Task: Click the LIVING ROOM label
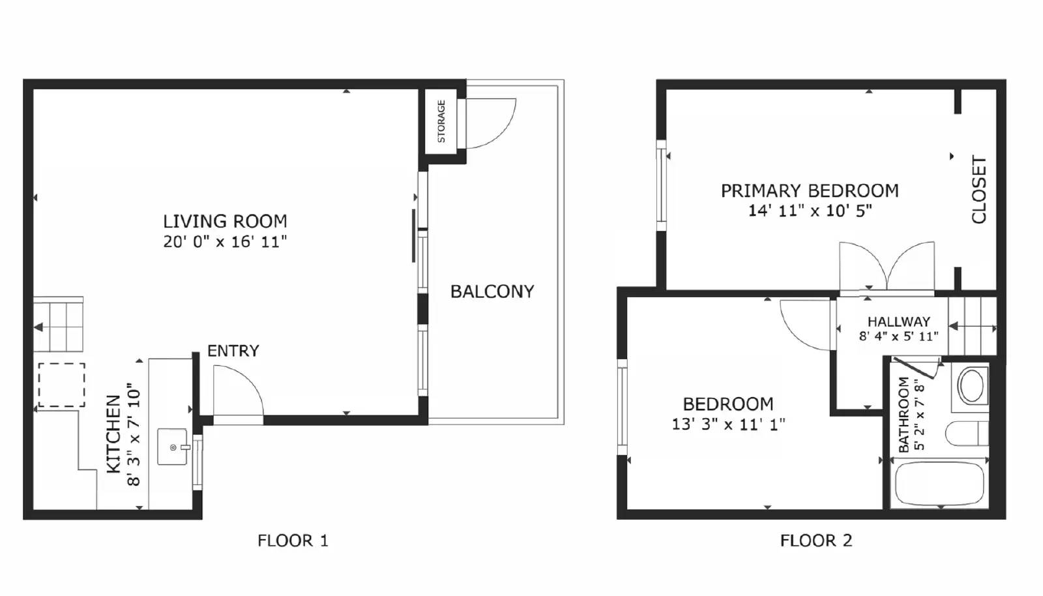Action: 225,221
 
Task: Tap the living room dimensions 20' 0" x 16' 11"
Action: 225,242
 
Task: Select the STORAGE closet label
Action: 441,121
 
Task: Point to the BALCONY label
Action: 492,291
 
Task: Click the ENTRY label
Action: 233,351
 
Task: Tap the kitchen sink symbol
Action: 173,447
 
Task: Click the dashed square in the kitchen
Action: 61,385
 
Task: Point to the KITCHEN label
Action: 113,434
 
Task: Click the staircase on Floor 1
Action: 59,325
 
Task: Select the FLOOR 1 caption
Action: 293,541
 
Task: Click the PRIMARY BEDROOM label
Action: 809,191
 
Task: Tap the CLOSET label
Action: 978,189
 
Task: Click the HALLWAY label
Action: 898,321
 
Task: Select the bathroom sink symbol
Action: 971,386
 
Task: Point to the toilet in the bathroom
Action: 967,434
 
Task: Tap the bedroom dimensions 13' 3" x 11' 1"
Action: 728,425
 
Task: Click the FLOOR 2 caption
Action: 815,541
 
